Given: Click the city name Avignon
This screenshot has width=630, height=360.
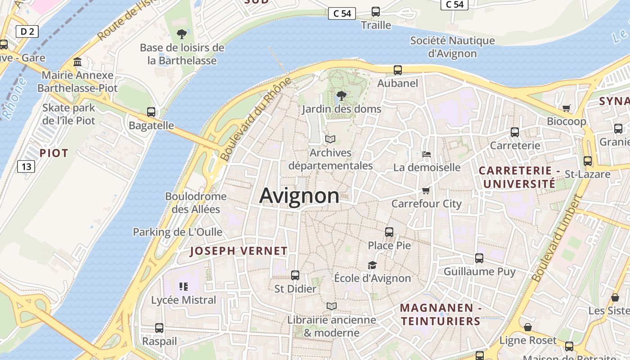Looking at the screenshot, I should click(299, 196).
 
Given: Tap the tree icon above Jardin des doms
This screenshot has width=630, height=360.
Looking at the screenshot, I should click(342, 95).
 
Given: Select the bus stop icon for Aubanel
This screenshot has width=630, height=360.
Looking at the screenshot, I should click(398, 70).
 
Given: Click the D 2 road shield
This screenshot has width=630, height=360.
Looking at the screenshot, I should click(27, 31).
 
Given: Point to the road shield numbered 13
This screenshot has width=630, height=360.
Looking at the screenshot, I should click(26, 166).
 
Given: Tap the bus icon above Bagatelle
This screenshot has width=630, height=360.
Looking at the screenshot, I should click(151, 112).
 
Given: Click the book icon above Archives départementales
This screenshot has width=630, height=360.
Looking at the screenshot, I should click(330, 139).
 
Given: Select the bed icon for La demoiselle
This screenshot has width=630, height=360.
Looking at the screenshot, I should click(427, 154).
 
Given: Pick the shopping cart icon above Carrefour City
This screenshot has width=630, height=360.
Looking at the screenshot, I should click(426, 190).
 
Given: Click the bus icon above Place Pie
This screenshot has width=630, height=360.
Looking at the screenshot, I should click(389, 232).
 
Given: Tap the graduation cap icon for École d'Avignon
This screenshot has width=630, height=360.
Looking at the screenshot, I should click(372, 265).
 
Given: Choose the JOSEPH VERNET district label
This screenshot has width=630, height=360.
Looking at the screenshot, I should click(238, 251).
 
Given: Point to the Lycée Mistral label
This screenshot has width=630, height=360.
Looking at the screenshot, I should click(184, 300).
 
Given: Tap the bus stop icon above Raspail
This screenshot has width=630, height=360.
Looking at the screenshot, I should click(159, 328).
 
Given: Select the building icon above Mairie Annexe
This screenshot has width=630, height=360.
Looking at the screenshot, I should click(77, 62).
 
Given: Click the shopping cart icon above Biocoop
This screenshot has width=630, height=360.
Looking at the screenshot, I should click(566, 108).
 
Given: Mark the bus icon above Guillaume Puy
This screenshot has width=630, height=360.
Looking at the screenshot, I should click(479, 258).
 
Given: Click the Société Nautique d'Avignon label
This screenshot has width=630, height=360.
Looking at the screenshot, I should click(452, 47).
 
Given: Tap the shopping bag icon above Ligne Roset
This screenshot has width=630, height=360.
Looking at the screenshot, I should click(528, 327).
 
